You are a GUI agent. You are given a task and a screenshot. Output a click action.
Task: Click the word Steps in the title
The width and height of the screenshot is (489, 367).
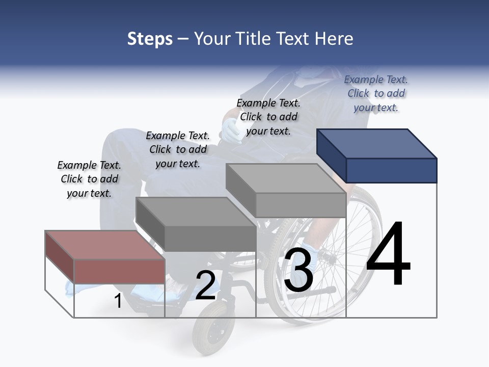coord(150,39)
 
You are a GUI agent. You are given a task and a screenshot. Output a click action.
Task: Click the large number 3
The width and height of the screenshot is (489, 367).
coord(298,271)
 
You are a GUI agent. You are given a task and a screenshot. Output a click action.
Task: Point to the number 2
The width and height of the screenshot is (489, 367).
coord(205,285)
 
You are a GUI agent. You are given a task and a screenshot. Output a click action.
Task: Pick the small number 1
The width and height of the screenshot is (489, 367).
coord(118,301)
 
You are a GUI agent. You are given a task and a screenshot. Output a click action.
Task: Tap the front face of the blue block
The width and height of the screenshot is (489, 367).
coord(391,170)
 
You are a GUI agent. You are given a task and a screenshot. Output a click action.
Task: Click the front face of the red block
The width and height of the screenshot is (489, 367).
coord(119,271)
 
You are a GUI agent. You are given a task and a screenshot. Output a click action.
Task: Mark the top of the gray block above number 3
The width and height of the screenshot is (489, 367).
coord(286,178)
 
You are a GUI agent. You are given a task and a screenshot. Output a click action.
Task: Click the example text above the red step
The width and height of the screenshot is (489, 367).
coord(89,179)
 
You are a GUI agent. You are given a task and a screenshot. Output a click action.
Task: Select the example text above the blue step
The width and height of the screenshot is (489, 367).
coord(376,93)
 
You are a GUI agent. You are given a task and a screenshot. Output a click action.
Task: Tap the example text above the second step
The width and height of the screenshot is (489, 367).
coord(178,149)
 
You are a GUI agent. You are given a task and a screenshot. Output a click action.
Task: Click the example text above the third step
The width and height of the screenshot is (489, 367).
coord(268,117)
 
